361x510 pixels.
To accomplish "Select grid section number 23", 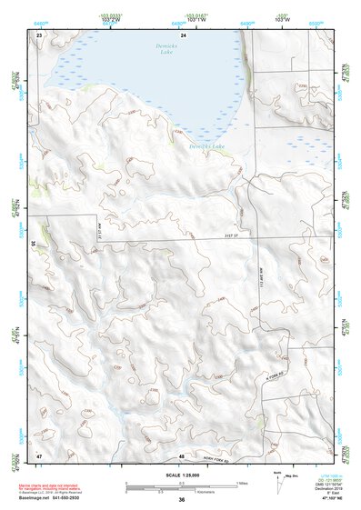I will click(39, 34).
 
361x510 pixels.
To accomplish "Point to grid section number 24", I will click(184, 34).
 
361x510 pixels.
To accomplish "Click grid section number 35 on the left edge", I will click(34, 243).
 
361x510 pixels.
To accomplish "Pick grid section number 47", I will click(39, 455).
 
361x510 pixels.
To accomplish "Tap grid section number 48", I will click(182, 455).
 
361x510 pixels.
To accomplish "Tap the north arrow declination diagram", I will click(280, 480).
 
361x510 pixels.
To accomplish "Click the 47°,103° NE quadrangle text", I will click(325, 499).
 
